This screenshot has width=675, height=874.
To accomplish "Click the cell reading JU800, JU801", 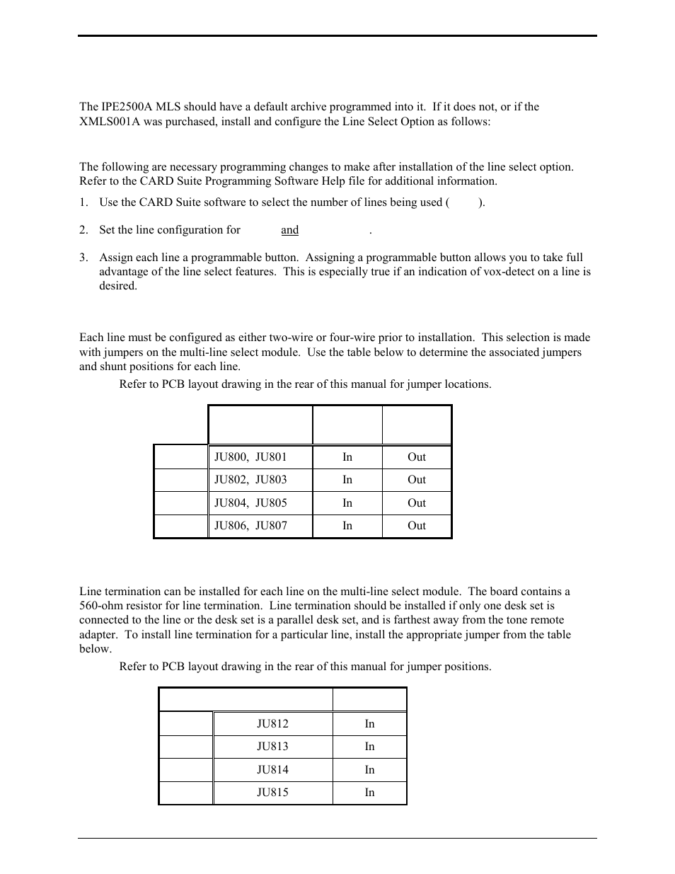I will (251, 457).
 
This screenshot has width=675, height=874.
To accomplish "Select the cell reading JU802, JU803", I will (251, 480).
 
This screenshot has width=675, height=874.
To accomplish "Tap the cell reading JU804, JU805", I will (251, 503).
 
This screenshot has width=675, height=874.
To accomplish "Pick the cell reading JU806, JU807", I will (251, 526).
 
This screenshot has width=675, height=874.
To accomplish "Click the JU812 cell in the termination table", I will (272, 724).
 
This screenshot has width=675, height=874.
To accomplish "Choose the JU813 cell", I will (272, 747).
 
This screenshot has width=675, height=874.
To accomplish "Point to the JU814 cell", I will (272, 770).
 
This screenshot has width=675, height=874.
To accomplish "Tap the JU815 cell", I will (272, 793).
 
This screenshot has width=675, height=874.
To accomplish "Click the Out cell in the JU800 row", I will (417, 457).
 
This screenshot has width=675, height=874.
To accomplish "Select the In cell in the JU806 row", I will (347, 526).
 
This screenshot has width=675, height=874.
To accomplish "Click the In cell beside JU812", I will (369, 724).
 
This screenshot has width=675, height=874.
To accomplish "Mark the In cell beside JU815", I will (369, 793).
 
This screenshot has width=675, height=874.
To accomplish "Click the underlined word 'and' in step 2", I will (289, 230).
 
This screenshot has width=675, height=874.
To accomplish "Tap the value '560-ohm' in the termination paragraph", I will (99, 606).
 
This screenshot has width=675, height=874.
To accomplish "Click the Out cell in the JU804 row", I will (417, 503).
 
